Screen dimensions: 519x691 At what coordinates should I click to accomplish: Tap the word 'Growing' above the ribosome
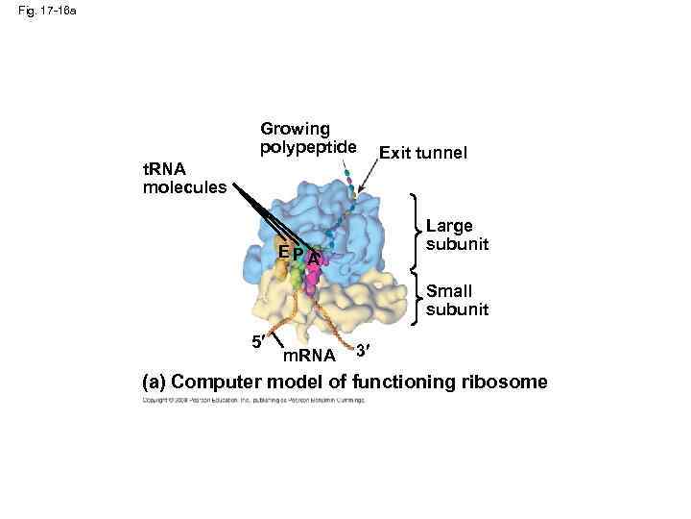click(x=295, y=129)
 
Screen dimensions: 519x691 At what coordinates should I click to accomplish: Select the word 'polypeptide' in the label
click(x=307, y=147)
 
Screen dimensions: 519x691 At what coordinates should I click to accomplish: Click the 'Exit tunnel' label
click(x=423, y=152)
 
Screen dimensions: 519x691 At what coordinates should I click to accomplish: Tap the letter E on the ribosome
click(x=283, y=252)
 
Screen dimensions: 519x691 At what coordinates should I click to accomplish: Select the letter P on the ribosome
click(x=298, y=253)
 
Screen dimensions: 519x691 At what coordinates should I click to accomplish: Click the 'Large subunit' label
click(x=457, y=235)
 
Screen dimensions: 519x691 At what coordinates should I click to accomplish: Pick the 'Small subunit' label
click(x=457, y=300)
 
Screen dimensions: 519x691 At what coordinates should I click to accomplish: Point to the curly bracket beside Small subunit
click(x=416, y=299)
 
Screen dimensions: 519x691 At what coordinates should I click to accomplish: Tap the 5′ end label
click(x=257, y=341)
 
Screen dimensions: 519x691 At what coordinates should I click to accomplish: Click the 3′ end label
click(x=362, y=348)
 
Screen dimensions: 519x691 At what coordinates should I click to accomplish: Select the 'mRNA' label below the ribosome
click(x=310, y=357)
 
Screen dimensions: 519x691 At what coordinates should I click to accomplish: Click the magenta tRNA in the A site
click(x=311, y=280)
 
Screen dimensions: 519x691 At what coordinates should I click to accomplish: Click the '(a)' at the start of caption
click(x=154, y=382)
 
